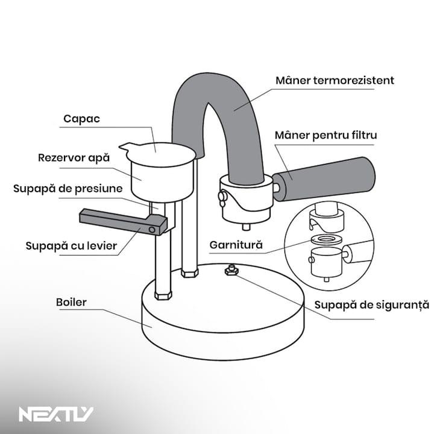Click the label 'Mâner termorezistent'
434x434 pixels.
click(x=334, y=80)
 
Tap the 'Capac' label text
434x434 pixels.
click(x=81, y=119)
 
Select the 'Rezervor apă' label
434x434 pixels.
click(x=74, y=157)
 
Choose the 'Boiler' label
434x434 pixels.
click(x=71, y=302)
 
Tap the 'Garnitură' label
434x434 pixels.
click(x=236, y=245)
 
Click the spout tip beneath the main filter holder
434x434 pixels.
click(x=246, y=227)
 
